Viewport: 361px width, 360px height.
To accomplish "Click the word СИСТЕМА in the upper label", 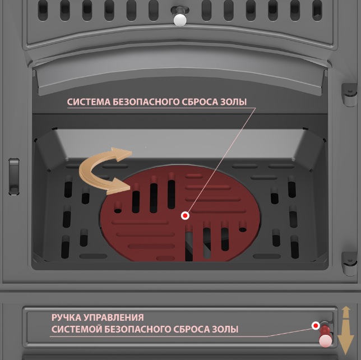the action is [89, 102].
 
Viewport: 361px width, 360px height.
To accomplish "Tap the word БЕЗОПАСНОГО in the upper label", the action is [146, 102].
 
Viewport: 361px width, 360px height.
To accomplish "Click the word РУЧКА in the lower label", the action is [66, 317].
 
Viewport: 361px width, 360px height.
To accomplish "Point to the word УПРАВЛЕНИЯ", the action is [114, 317].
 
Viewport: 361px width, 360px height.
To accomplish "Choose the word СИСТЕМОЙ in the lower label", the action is [77, 329].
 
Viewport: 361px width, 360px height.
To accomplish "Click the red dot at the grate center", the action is [185, 215].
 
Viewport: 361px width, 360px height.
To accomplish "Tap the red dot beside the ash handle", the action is [316, 325].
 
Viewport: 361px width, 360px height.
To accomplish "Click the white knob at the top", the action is [180, 20].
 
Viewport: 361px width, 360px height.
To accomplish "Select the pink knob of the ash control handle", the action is [326, 340].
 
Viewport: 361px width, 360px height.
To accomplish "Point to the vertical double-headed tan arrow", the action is [345, 330].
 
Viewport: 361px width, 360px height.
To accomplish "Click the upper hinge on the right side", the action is [349, 95].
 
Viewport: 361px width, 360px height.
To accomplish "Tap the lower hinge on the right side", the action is [349, 263].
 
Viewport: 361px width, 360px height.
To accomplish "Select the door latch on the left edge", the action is [14, 177].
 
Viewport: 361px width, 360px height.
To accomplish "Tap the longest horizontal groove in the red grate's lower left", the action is [140, 222].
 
